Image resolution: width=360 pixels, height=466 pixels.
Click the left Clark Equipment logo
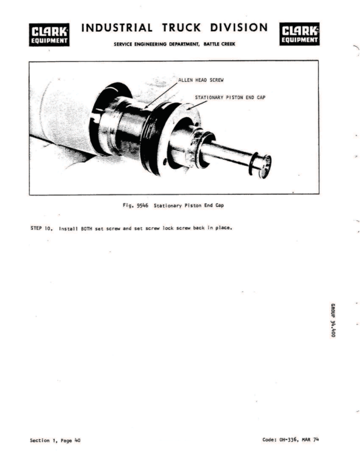[50, 35]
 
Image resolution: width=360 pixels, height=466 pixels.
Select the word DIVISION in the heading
[239, 28]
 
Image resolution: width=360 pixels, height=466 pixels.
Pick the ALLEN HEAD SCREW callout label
[201, 79]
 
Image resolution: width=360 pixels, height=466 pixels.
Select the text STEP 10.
[42, 228]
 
